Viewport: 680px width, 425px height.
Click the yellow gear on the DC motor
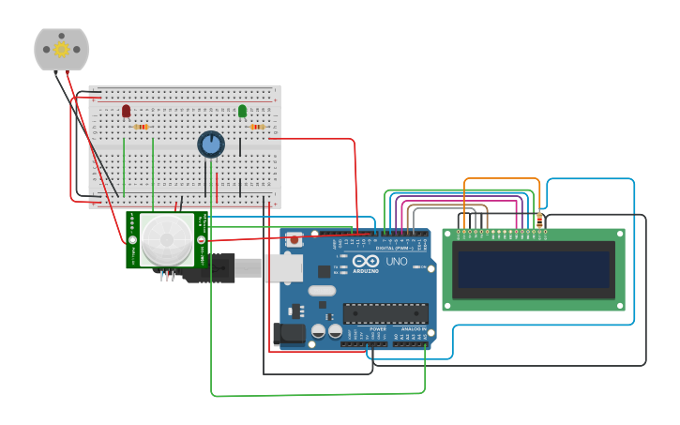tap(62, 49)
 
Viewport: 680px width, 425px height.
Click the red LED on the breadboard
tap(126, 111)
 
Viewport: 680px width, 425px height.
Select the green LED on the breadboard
tap(242, 111)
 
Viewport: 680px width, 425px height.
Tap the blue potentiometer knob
tap(211, 144)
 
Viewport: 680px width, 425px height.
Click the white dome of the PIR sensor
tap(167, 239)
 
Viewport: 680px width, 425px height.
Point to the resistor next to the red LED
tap(142, 127)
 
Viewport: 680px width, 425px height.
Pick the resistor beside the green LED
tap(257, 127)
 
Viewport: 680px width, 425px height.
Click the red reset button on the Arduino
tap(295, 240)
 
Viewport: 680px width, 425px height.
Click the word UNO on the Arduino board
tap(397, 262)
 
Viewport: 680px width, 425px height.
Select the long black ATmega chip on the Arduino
tap(385, 313)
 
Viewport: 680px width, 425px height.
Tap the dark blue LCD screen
tap(534, 269)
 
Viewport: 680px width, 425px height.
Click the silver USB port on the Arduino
tap(281, 268)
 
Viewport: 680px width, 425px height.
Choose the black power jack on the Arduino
tap(288, 332)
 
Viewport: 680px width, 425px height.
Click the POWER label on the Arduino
tap(378, 329)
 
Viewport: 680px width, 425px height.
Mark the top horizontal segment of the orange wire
tap(502, 178)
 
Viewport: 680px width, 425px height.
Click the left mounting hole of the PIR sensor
tap(132, 240)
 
